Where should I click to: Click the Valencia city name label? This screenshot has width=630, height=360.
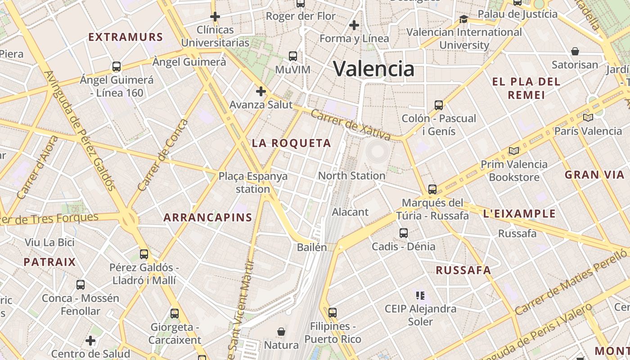tap(373, 68)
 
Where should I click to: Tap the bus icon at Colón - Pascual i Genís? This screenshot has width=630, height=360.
tap(439, 105)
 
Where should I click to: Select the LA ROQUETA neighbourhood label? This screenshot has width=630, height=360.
tap(291, 143)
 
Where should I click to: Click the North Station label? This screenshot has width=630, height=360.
tap(351, 175)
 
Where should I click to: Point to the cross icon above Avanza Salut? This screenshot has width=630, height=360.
tap(261, 91)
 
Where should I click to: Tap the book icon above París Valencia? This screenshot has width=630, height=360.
tap(588, 117)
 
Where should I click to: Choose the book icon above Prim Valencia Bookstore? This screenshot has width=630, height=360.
tap(514, 151)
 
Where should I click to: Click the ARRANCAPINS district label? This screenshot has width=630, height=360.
tap(207, 217)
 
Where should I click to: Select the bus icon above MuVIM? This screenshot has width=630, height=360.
tap(293, 56)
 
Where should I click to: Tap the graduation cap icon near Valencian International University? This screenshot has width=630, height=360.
tap(463, 19)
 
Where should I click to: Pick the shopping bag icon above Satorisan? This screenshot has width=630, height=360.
tap(575, 51)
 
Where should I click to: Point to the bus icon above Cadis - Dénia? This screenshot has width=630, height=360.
tap(404, 233)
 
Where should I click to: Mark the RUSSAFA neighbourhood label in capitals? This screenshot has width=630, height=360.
tap(463, 270)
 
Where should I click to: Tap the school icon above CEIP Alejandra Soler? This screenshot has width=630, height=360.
tap(420, 296)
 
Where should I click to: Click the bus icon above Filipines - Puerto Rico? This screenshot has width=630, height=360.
tap(333, 312)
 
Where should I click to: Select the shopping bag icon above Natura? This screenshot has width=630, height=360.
tap(281, 332)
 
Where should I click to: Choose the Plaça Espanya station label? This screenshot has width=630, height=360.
tap(253, 182)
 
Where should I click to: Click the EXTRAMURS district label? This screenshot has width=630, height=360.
tap(125, 37)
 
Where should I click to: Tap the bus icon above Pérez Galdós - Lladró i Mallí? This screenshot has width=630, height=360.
tap(144, 254)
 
